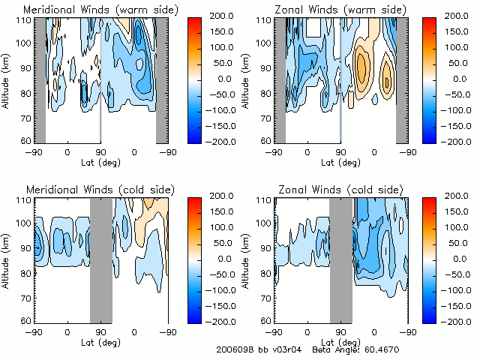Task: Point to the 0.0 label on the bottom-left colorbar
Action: (x=212, y=258)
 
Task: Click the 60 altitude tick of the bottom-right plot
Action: (x=267, y=320)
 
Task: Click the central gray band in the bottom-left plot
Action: (x=100, y=259)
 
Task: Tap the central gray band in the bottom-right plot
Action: (x=340, y=259)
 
